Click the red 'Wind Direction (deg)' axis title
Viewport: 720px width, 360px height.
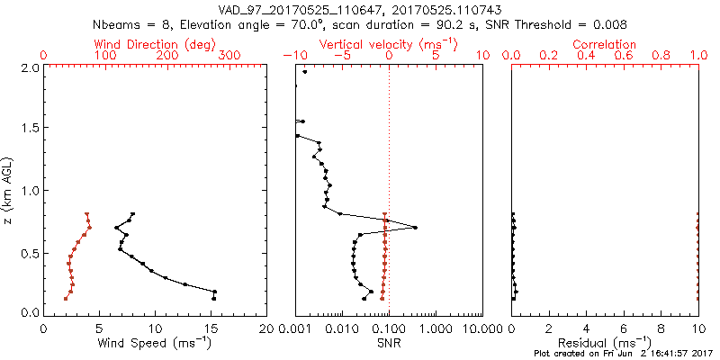click(155, 44)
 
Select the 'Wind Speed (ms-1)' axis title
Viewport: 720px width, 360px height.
click(155, 343)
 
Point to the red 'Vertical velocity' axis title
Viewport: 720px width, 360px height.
click(388, 44)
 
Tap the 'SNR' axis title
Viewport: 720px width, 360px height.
click(388, 343)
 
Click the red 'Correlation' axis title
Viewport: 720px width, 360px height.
click(605, 44)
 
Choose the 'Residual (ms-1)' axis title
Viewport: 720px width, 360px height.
click(605, 343)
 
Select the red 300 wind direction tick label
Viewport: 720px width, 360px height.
click(229, 56)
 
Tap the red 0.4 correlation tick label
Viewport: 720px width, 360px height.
click(586, 56)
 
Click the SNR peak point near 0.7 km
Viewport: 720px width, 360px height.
click(415, 228)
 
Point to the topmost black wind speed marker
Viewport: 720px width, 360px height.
click(132, 214)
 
